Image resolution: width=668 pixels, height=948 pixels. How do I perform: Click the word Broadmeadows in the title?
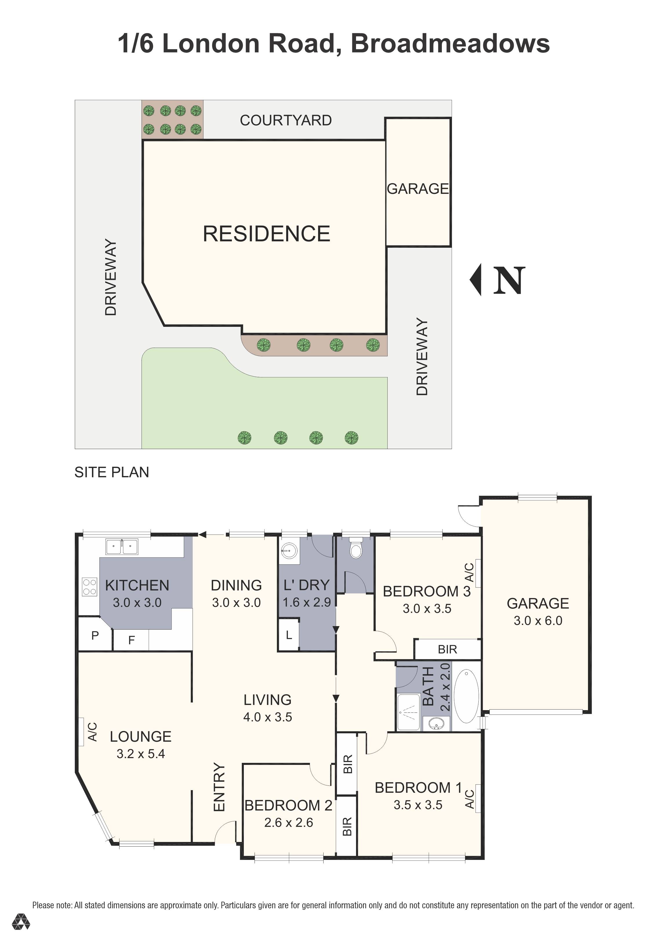450,43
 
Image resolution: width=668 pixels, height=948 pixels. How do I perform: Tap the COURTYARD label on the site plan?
286,121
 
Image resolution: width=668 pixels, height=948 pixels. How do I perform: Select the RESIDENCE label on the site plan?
266,234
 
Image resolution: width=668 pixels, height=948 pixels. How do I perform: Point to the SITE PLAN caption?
112,472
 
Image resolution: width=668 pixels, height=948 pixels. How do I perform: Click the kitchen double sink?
121,547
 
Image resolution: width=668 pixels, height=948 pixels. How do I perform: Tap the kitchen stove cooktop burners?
89,587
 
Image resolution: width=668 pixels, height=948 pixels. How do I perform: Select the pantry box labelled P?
95,635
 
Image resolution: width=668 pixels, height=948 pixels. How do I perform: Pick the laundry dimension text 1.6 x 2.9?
306,602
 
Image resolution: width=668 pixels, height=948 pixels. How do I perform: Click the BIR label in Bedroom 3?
447,650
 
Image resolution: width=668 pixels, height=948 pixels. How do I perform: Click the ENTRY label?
219,787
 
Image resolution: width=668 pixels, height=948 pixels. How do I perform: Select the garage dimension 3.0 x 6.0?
538,621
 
